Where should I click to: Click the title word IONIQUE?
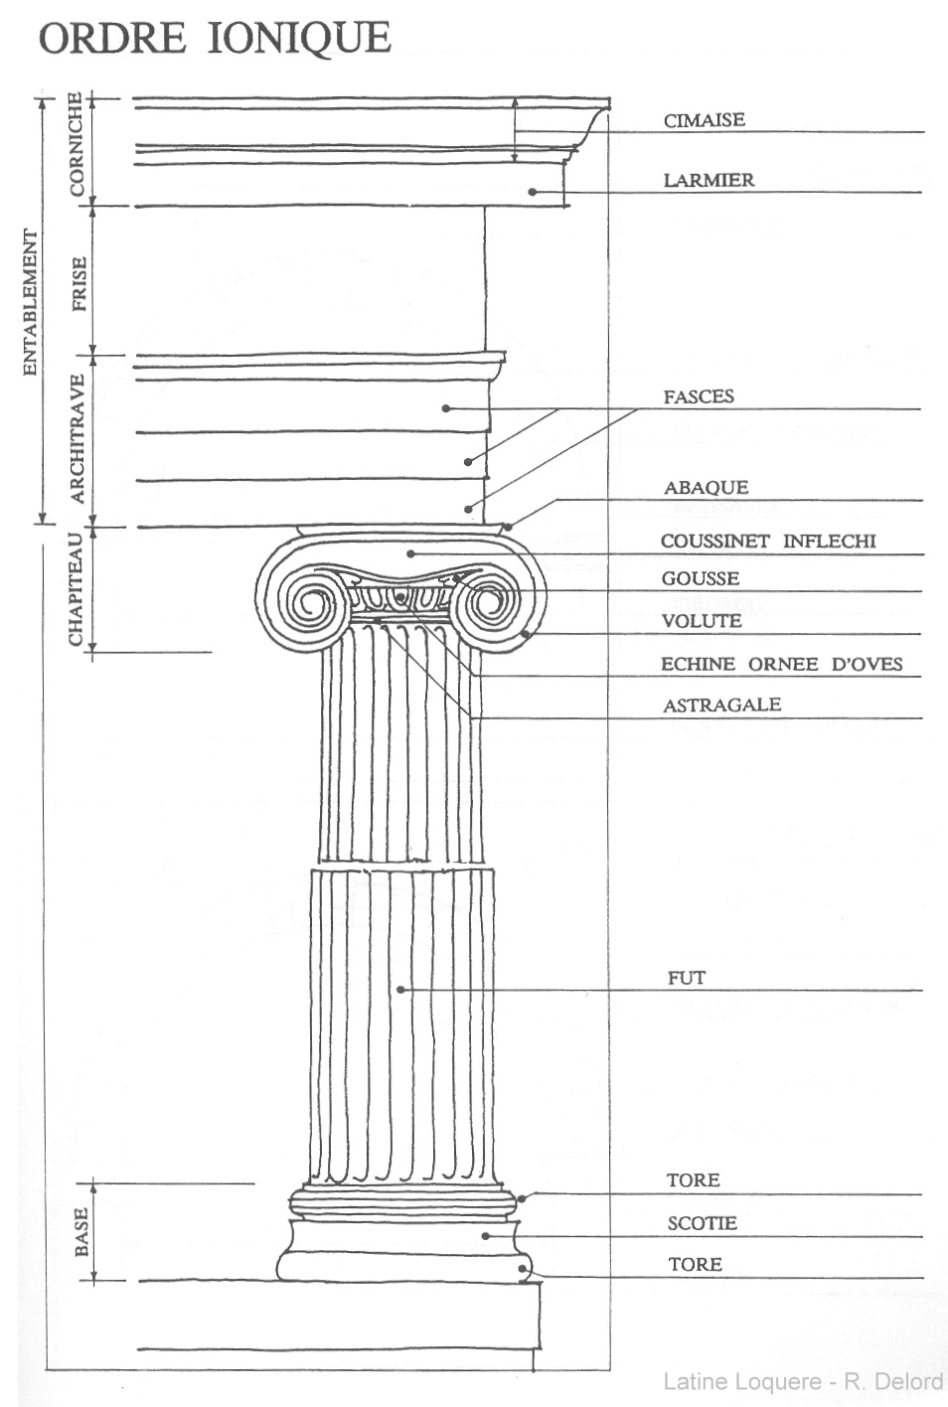coord(299,38)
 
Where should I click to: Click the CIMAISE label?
coord(705,120)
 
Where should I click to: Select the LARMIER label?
coord(709,180)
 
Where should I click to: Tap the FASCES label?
coord(699,396)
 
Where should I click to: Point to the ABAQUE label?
coord(707,488)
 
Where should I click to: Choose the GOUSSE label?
coord(701,578)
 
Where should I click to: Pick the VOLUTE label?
coord(702,621)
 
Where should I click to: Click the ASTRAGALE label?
coord(721,704)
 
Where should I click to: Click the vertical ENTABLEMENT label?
coord(30,301)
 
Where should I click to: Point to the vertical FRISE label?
coord(79,283)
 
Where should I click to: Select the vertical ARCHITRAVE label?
coord(78,438)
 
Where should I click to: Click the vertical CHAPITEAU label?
coord(76,588)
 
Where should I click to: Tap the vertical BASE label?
coord(81,1232)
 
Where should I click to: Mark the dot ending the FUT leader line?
coord(400,990)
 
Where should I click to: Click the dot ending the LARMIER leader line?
coord(532,192)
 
